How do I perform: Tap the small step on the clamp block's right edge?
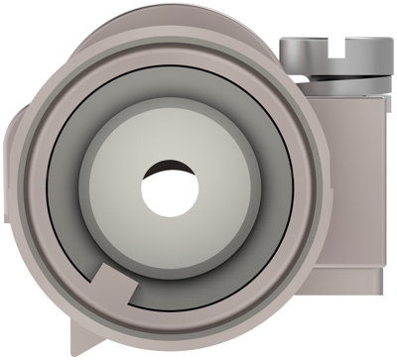tap(382, 268)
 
